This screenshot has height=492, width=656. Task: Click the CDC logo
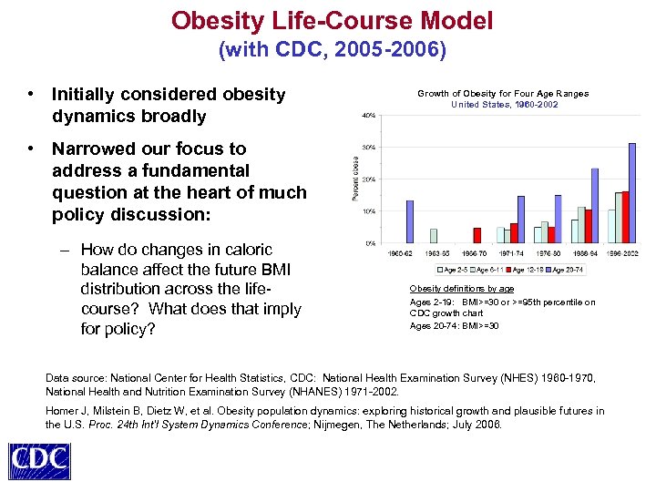[40, 460]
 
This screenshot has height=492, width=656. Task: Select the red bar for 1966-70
[477, 235]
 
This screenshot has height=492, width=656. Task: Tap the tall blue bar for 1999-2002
[631, 192]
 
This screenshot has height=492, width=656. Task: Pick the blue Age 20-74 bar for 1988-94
[595, 205]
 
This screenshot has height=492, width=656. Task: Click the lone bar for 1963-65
[434, 236]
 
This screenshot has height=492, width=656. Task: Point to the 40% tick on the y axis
[370, 116]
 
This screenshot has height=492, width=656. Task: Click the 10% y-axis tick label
[370, 211]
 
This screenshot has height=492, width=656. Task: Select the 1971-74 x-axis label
[511, 252]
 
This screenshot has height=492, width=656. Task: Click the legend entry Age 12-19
[528, 270]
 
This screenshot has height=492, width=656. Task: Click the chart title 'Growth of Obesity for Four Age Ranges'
[503, 93]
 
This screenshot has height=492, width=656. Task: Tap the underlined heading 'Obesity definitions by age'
[461, 289]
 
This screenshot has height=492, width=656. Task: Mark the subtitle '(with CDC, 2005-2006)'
[333, 50]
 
